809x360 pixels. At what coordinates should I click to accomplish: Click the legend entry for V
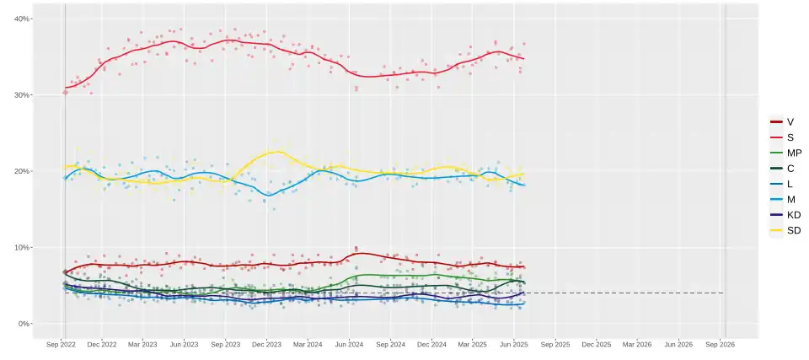(x=783, y=122)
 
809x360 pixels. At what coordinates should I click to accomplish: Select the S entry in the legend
(x=783, y=137)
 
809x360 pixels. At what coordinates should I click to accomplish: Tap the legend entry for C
(x=783, y=169)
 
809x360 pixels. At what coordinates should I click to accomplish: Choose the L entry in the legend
(x=783, y=184)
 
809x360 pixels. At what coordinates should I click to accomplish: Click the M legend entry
(x=783, y=199)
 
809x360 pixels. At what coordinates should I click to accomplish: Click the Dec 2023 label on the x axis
(x=266, y=344)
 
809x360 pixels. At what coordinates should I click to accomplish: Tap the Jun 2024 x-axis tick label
(x=349, y=344)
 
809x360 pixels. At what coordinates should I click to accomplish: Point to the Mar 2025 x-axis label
(x=472, y=344)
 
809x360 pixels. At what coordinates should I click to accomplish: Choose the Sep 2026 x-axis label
(x=720, y=344)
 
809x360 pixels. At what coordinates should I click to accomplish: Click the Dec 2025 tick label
(x=596, y=344)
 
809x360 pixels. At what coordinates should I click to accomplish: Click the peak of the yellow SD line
(x=275, y=152)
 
